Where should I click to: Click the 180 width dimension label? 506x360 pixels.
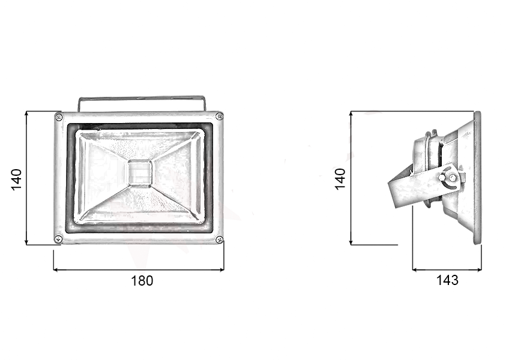[x=142, y=281]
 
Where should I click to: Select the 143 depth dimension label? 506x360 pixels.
[x=447, y=280]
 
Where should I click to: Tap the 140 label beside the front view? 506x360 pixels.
[x=16, y=179]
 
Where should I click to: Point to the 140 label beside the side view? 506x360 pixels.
[x=340, y=179]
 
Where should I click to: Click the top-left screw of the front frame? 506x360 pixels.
[x=59, y=117]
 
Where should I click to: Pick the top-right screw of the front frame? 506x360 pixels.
[x=219, y=116]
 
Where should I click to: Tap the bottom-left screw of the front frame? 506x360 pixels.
[x=58, y=239]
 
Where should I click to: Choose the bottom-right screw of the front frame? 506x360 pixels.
[x=220, y=239]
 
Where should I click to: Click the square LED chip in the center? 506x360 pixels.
[x=139, y=173]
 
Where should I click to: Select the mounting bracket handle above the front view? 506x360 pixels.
[x=142, y=98]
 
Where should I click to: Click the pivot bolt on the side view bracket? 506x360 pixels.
[x=443, y=178]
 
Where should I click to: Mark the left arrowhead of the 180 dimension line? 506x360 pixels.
[x=56, y=269]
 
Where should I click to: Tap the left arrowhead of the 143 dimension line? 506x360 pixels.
[x=415, y=270]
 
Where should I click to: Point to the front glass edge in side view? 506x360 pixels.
[x=478, y=178]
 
